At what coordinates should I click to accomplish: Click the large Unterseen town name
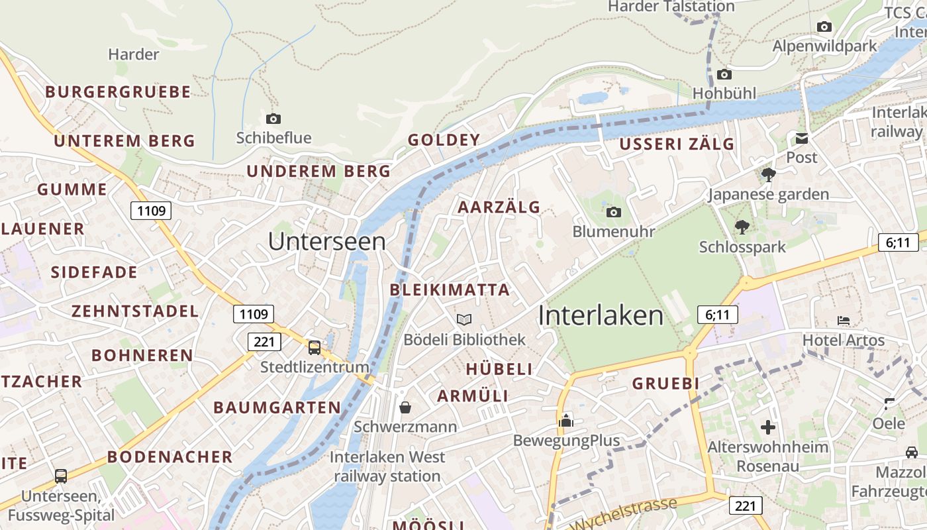(x=326, y=241)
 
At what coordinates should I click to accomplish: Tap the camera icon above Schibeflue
(x=273, y=119)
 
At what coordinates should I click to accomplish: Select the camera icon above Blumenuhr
(x=614, y=212)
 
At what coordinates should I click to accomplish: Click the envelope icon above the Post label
(x=802, y=138)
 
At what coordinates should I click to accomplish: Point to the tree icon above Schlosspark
(x=742, y=227)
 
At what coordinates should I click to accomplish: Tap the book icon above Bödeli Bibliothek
(x=464, y=319)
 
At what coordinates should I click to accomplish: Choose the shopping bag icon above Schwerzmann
(x=405, y=407)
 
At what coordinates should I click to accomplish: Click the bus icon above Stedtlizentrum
(x=315, y=347)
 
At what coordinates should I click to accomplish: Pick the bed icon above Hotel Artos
(x=844, y=321)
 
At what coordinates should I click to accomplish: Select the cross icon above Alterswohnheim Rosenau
(x=768, y=427)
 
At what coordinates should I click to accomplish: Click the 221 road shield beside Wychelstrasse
(x=746, y=506)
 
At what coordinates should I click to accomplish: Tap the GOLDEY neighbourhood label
(x=444, y=140)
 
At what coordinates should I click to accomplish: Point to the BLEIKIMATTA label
(x=450, y=290)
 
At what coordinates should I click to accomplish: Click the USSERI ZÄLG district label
(x=677, y=144)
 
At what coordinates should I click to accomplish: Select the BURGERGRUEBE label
(x=118, y=91)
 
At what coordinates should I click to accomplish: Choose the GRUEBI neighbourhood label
(x=665, y=384)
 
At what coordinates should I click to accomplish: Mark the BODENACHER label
(x=170, y=456)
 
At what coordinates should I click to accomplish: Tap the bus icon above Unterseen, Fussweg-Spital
(x=61, y=476)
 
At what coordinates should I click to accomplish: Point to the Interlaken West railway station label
(x=387, y=466)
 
